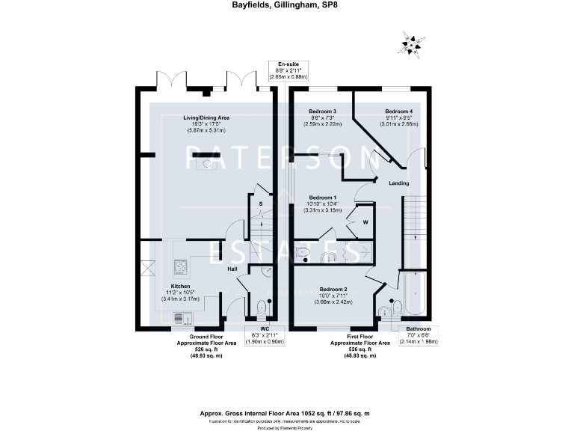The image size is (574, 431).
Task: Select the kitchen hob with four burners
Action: [182, 265]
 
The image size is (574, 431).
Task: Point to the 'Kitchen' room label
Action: [181, 287]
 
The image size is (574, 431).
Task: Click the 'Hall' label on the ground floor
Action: [232, 269]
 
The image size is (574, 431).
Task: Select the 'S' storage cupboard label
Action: [260, 204]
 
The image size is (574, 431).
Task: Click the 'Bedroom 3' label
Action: [322, 111]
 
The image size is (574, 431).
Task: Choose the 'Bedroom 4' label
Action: [398, 111]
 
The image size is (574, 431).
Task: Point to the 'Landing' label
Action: [398, 182]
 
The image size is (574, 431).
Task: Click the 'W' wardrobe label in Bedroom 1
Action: [365, 222]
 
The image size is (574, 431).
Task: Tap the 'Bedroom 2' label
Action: [333, 289]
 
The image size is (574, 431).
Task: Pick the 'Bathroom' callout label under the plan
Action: [418, 329]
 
